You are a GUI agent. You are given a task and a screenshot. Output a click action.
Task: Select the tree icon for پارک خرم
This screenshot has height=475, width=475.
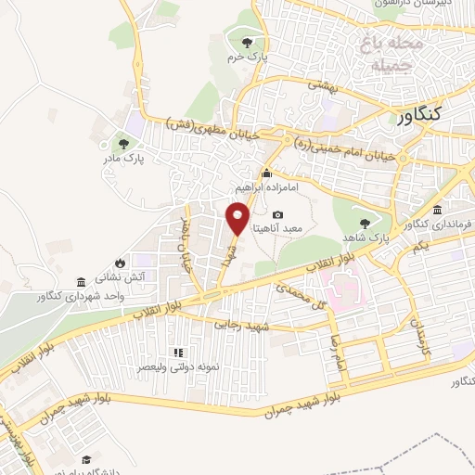pos(246,43)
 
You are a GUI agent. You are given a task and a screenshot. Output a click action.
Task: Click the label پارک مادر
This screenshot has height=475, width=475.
pos(121,159)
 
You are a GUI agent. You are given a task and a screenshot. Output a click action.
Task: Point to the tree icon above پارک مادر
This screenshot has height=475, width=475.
pos(122,143)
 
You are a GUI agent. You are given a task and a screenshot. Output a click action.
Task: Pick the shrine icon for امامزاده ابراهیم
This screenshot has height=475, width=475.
pos(266,173)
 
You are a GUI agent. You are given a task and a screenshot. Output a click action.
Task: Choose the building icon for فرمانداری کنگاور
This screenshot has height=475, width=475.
pos(436,209)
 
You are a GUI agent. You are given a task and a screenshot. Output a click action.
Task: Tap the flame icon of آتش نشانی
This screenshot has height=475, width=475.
pos(118,261)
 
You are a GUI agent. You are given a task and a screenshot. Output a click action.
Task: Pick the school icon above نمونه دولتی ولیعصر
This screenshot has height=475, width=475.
pos(178,353)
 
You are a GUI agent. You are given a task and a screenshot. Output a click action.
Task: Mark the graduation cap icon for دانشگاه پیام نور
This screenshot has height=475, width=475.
pos(85,460)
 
